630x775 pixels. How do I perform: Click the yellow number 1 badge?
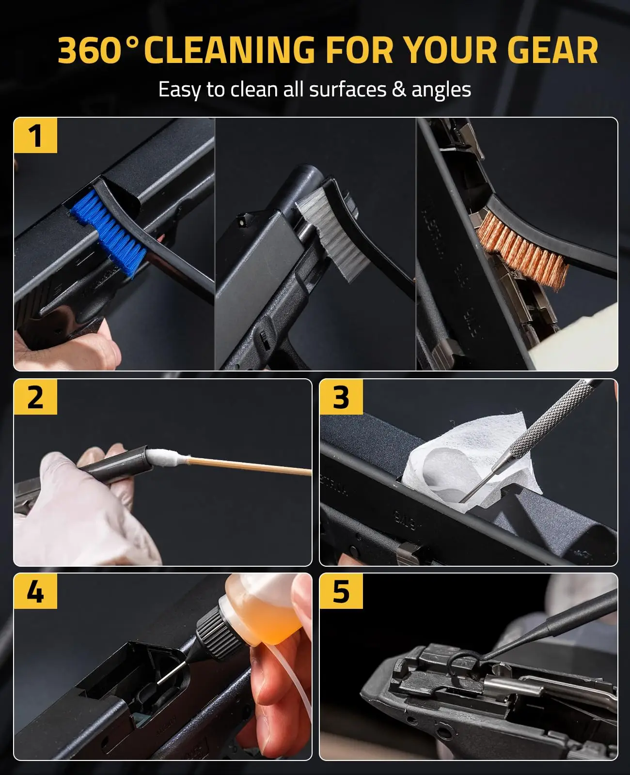[x=35, y=136]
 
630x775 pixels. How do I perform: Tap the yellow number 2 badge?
[x=35, y=397]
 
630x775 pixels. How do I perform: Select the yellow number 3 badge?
[x=341, y=397]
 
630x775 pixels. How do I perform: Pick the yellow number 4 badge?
[x=35, y=591]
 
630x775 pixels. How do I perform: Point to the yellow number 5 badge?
[x=341, y=591]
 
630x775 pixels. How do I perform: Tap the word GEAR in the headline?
[x=552, y=51]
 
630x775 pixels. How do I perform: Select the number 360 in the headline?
[x=90, y=51]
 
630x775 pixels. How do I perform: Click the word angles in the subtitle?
[x=441, y=91]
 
